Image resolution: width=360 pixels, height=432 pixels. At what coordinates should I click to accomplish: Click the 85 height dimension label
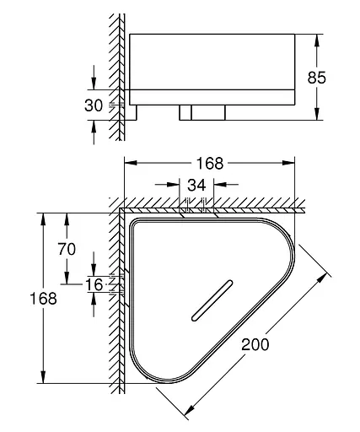[317, 78]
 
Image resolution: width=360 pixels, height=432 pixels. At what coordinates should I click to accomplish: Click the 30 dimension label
[94, 105]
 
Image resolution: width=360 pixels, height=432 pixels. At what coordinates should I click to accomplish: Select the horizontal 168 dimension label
[210, 163]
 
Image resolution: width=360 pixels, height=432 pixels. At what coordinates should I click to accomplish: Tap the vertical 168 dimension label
[43, 298]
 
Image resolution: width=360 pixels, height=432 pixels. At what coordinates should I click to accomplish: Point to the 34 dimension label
[196, 185]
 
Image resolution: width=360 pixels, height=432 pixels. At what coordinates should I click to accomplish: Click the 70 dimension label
[67, 249]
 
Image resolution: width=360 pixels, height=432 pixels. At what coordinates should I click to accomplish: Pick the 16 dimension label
[94, 284]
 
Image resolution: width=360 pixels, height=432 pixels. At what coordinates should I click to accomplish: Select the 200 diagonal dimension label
[255, 344]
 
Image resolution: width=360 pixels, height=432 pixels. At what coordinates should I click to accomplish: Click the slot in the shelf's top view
[212, 300]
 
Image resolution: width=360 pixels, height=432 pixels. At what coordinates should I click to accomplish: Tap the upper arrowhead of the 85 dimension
[317, 40]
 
